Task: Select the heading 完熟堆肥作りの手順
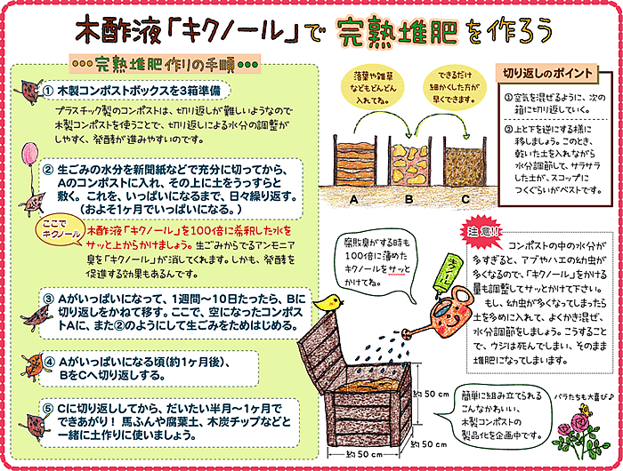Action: [164, 64]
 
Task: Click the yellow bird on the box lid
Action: [330, 303]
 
